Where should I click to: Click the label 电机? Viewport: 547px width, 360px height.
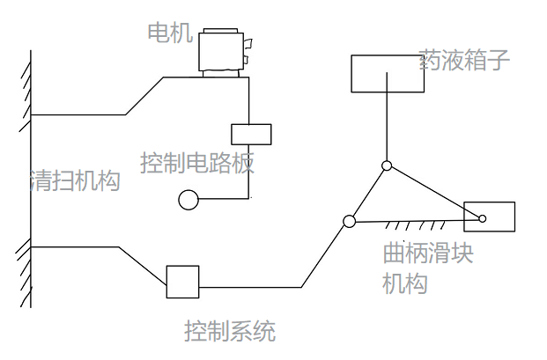[x=170, y=33]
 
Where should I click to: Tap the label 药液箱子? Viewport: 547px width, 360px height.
[x=464, y=60]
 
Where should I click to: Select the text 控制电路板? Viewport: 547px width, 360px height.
[x=197, y=163]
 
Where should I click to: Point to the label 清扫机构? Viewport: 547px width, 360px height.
[x=75, y=180]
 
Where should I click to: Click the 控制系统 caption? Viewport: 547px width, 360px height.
[x=230, y=331]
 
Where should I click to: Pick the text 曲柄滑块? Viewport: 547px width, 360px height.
[x=428, y=253]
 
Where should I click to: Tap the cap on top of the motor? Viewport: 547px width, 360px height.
[x=221, y=31]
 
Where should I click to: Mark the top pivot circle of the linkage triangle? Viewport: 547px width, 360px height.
[x=387, y=165]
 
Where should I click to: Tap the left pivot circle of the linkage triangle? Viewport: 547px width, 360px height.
[x=349, y=221]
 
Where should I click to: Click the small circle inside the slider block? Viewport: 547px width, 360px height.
[x=483, y=219]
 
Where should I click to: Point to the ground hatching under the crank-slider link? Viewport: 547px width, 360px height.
[x=415, y=225]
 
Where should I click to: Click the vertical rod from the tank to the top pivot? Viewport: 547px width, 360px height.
[x=387, y=117]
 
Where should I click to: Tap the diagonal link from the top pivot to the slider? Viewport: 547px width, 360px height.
[x=435, y=193]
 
